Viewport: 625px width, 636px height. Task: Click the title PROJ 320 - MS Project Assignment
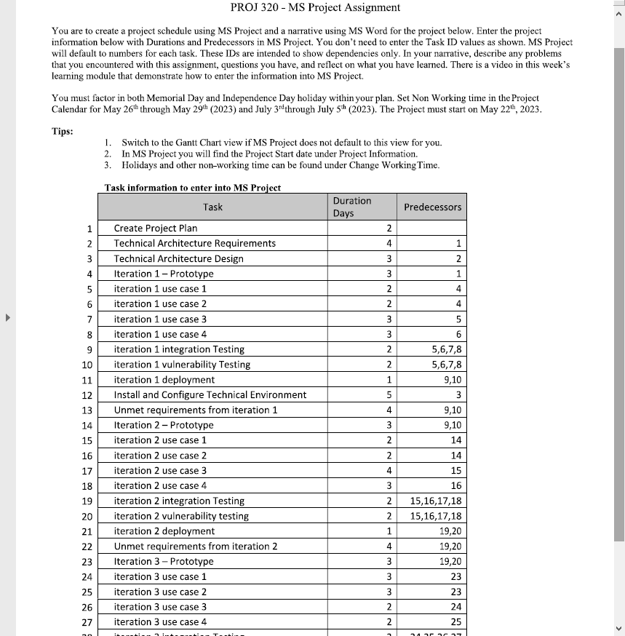click(x=314, y=8)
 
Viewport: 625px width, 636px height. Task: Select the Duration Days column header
click(x=351, y=207)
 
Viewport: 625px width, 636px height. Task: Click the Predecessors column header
click(x=432, y=207)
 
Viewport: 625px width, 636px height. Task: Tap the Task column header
click(x=212, y=207)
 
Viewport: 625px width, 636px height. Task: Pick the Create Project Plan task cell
click(x=156, y=228)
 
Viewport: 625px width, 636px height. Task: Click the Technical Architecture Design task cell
click(x=179, y=258)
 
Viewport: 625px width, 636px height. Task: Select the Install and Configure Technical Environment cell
click(x=210, y=394)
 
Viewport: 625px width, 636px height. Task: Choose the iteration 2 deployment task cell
click(x=164, y=531)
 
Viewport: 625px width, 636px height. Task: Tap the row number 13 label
click(x=87, y=410)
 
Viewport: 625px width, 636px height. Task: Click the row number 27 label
click(x=87, y=622)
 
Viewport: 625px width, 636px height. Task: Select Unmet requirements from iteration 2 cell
click(x=196, y=546)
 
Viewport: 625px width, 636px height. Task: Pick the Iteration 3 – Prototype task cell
click(x=164, y=561)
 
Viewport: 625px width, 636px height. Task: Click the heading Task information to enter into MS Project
click(x=193, y=187)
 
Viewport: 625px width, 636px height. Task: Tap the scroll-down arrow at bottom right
click(x=619, y=629)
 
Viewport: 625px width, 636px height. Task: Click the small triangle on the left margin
click(x=9, y=318)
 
